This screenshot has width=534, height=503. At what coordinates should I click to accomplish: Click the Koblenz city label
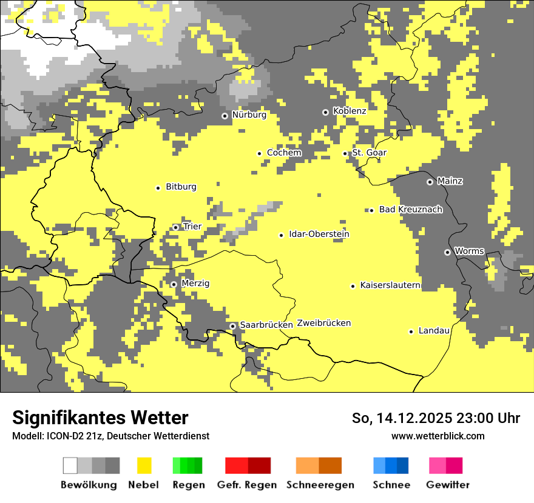tap(350, 111)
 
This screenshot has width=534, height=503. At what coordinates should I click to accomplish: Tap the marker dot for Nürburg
tap(225, 115)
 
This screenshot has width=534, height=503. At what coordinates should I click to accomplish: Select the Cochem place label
tap(284, 153)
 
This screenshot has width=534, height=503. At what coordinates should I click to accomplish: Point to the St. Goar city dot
tap(345, 153)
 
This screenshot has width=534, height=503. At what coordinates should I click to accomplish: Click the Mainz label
tap(450, 181)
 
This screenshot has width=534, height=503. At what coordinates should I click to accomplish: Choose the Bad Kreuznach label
tap(410, 209)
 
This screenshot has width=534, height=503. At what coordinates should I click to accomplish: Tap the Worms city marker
tap(447, 252)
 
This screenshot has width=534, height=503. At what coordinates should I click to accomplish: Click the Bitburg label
tap(181, 187)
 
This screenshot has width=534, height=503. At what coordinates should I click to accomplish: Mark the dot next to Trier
tap(175, 227)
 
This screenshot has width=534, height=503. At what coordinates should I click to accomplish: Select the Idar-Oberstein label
tap(319, 234)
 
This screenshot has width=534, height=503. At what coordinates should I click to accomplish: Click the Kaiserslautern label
tap(390, 285)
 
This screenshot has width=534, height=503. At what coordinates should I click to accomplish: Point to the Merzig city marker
tap(173, 284)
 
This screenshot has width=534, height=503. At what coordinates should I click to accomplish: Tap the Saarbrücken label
tap(266, 325)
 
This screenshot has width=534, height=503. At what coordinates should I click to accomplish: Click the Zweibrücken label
tap(323, 323)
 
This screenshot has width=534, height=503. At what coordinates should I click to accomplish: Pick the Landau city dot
tap(411, 331)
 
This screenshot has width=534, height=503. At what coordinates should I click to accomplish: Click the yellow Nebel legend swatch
tap(144, 465)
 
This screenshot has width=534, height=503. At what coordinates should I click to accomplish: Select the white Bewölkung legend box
tap(70, 465)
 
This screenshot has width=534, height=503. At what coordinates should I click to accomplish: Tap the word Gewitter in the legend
tap(447, 485)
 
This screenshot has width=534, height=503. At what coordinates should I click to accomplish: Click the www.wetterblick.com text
tap(438, 436)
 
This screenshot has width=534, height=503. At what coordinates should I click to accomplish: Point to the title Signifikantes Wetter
tap(100, 418)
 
